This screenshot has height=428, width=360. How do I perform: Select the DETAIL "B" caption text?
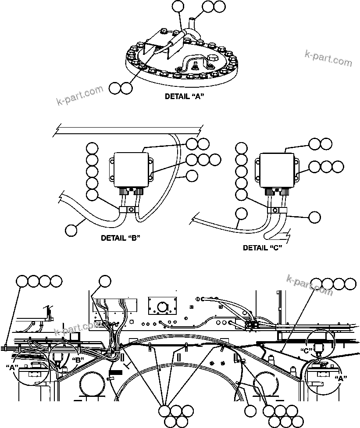click(120, 238)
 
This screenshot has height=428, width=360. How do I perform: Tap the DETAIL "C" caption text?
click(262, 248)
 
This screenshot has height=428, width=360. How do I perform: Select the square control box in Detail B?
click(130, 169)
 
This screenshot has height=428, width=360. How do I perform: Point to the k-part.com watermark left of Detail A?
click(80, 96)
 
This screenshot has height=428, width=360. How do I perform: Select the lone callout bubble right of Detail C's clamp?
click(314, 217)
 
